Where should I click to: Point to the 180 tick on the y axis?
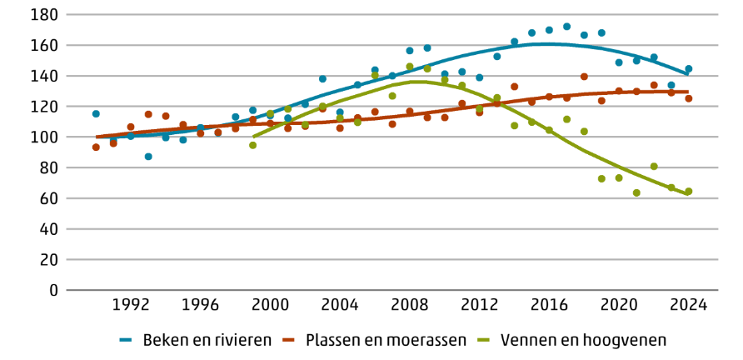click(43, 15)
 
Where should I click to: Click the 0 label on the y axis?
click(52, 290)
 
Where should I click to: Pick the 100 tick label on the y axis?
click(43, 137)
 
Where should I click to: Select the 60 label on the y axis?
click(48, 198)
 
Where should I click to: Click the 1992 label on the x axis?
click(131, 304)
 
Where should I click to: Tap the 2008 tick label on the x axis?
click(410, 304)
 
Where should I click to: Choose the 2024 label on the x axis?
click(689, 304)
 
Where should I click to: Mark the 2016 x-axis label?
click(549, 304)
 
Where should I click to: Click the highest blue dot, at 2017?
click(566, 27)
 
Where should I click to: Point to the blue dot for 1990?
click(96, 114)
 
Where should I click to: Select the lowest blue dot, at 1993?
click(148, 157)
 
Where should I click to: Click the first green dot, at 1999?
click(253, 145)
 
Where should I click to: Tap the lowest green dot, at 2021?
click(636, 193)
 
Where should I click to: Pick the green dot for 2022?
click(654, 167)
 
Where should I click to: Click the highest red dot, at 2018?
click(584, 77)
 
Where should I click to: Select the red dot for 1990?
click(96, 147)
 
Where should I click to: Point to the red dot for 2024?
click(689, 98)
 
